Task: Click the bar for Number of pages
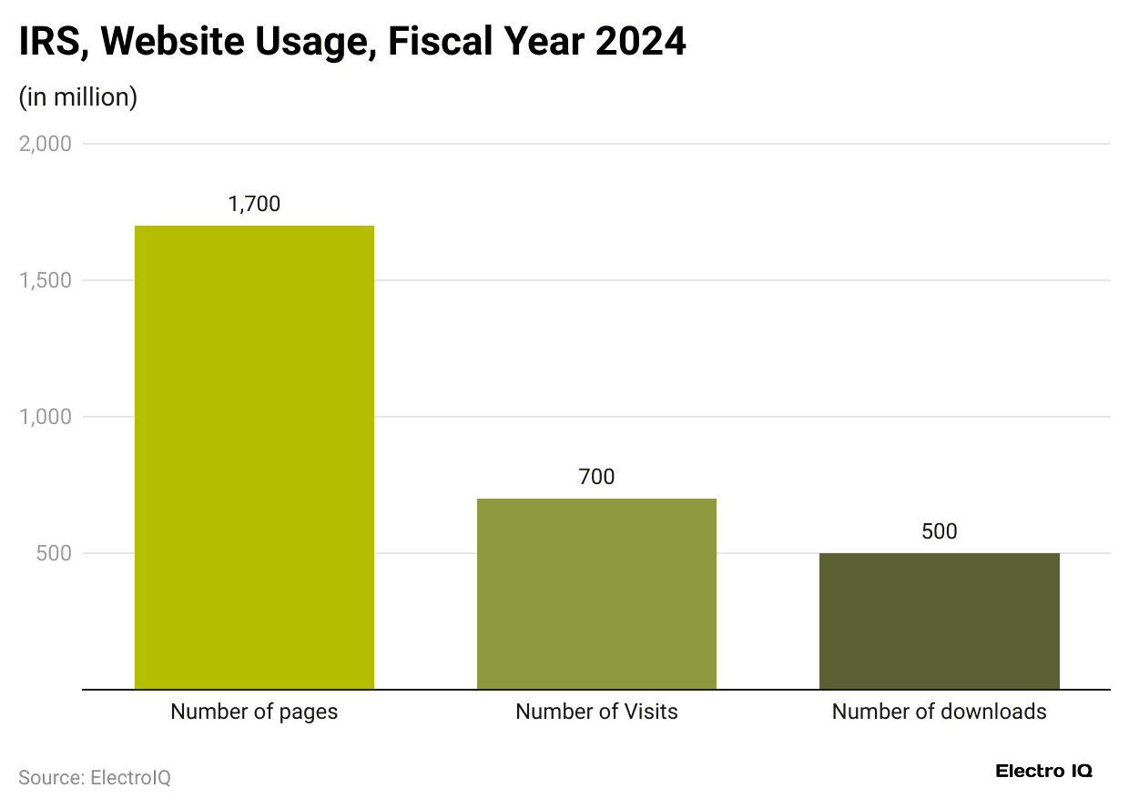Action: coord(254,457)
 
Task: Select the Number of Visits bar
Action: coord(596,593)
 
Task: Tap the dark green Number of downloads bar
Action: coord(939,621)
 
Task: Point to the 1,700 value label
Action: coord(254,204)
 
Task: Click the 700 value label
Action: coord(596,477)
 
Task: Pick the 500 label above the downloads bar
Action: coord(939,531)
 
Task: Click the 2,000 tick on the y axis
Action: coord(46,144)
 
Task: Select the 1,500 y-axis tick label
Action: coord(46,280)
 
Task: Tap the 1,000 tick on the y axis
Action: coord(46,417)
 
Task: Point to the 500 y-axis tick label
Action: coord(53,553)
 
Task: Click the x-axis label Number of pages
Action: coord(254,712)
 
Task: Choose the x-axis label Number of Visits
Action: coord(596,712)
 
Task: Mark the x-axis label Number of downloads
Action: coord(939,712)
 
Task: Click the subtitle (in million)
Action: coord(78,96)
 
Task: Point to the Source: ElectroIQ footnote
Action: coord(95,778)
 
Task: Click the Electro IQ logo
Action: coord(1043,771)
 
